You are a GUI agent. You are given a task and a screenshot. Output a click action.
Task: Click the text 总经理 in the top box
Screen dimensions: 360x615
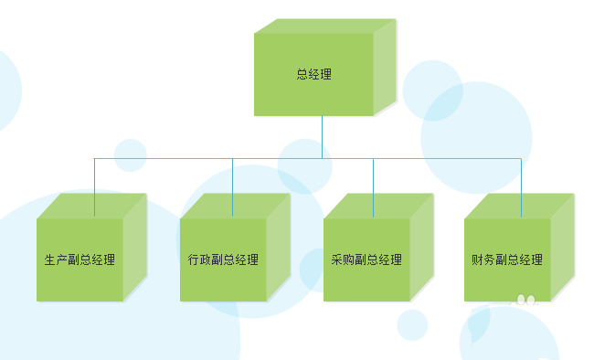point(313,75)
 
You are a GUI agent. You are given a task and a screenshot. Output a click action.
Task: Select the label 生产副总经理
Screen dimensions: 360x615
point(80,259)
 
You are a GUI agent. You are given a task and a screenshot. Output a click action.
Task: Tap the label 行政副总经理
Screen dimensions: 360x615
point(223,259)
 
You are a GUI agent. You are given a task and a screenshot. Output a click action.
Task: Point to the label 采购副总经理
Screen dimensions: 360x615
point(366,259)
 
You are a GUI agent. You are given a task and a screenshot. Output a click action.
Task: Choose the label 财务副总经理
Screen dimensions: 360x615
point(507,259)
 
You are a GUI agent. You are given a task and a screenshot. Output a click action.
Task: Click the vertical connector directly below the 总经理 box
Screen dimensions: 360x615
point(322,137)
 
